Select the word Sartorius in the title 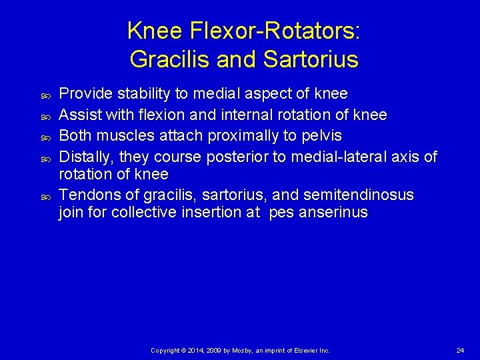[x=311, y=59]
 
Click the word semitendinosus [x=358, y=195]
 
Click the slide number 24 [x=460, y=350]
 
